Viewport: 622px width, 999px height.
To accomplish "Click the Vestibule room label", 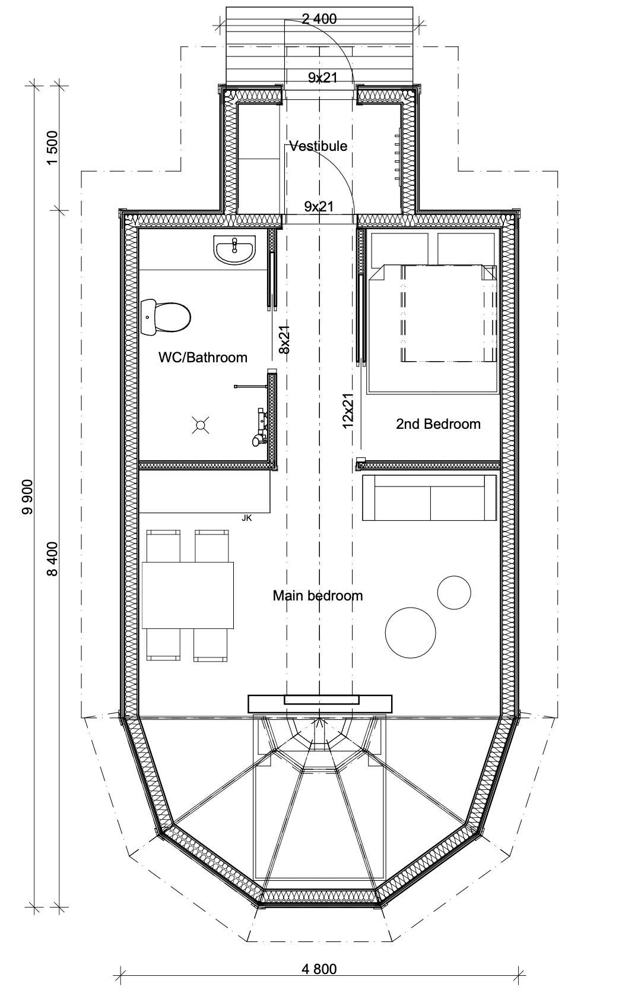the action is coord(318,146).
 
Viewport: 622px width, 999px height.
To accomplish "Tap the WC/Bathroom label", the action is coord(203,357).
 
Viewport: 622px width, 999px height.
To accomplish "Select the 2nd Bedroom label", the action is coord(439,423).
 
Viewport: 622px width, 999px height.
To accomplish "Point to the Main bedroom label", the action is coord(318,595).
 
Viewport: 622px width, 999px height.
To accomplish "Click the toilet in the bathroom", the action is coord(166,317).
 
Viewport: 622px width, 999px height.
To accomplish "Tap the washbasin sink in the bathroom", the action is coord(235,250).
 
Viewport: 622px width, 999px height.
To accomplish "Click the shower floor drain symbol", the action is coord(201,425).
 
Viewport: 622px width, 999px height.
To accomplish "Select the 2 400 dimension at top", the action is coord(319,19).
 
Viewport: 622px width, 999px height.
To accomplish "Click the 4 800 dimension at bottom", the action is coord(319,969).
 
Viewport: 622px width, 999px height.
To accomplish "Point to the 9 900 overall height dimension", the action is coord(28,497).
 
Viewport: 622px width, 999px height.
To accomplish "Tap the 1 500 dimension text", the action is coord(52,148).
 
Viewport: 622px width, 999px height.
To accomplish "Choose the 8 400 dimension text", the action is coord(52,559).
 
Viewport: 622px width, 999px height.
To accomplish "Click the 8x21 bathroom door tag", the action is coord(284,339).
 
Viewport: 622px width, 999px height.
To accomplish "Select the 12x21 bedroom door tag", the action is coord(348,411).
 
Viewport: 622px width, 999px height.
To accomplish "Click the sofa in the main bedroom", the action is coord(429,498).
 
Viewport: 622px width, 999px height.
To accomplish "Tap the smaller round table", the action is coord(454,592).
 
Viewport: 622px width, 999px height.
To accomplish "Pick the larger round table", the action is coord(410,633).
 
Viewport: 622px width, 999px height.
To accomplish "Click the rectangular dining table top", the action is coord(188,595).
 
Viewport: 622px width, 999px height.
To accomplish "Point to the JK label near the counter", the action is coord(246,518).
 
